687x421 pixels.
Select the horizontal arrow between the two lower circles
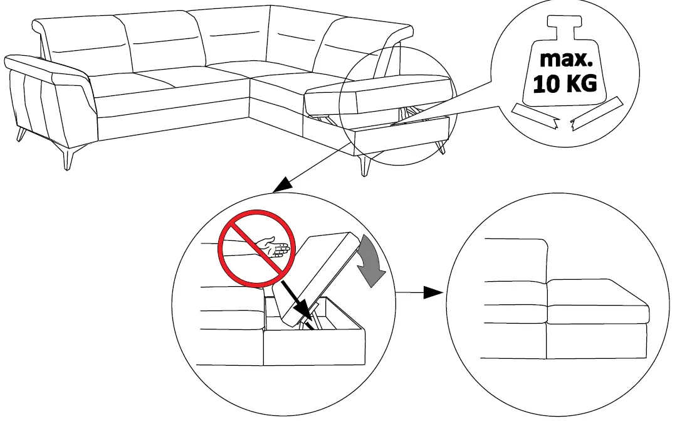(421, 292)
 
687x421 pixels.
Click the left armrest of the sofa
(47, 69)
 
